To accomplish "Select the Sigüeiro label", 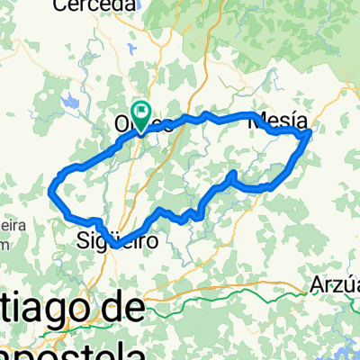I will [x=119, y=240].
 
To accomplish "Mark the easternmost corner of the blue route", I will [x=310, y=133].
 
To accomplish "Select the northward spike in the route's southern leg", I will [x=233, y=172].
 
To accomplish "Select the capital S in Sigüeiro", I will [x=84, y=240].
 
